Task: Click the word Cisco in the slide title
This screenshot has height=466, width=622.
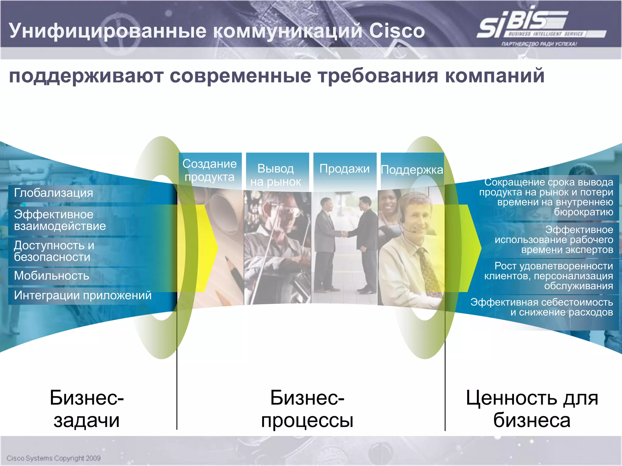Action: click(x=397, y=31)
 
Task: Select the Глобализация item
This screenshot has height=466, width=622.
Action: click(x=53, y=193)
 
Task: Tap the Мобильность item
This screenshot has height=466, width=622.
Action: click(x=52, y=276)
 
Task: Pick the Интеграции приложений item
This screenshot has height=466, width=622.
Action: click(x=83, y=295)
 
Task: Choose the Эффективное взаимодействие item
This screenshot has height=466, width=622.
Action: click(x=60, y=220)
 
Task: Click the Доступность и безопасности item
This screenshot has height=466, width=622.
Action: click(x=54, y=251)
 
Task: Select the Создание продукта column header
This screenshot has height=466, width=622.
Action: click(x=210, y=170)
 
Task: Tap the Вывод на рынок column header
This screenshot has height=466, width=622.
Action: click(x=276, y=175)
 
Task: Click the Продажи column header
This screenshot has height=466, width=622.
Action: click(x=344, y=169)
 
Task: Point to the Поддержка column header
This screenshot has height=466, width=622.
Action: click(x=412, y=170)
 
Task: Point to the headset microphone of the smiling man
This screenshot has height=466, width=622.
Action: click(x=414, y=231)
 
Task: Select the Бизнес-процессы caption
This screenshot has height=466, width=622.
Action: click(x=307, y=409)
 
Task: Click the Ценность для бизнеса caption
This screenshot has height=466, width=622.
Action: click(x=532, y=409)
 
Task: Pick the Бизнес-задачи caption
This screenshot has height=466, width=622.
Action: click(x=87, y=409)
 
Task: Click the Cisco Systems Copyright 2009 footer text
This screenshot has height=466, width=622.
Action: click(x=53, y=458)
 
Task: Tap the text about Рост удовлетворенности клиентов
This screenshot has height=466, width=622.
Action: click(x=549, y=276)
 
